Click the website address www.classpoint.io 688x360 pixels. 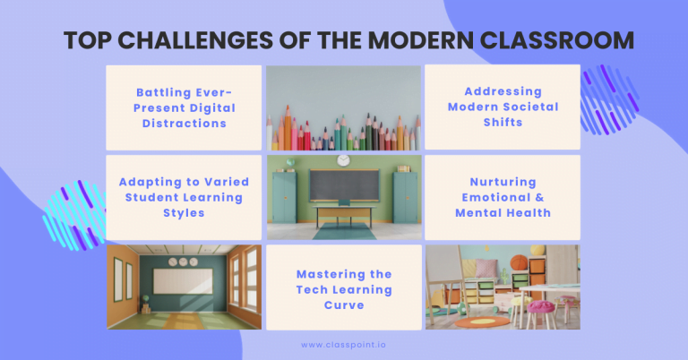click(344, 344)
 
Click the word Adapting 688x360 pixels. click(148, 182)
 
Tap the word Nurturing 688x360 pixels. click(502, 181)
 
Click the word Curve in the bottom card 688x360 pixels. click(344, 305)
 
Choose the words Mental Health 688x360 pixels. click(502, 212)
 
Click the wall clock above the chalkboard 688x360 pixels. click(343, 160)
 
